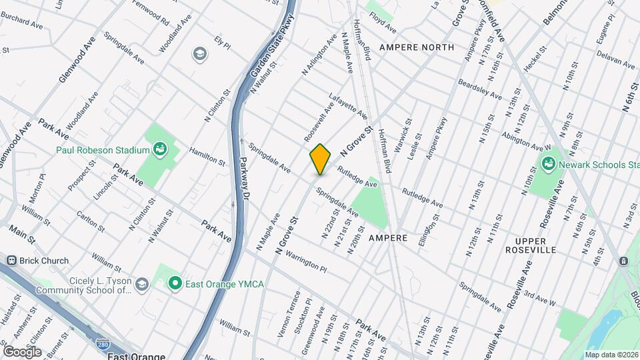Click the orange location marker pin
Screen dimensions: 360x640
[321, 159]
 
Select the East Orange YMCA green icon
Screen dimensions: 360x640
[175, 285]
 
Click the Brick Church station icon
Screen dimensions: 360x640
[11, 261]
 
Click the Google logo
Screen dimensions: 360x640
[22, 351]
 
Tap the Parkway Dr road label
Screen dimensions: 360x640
[244, 180]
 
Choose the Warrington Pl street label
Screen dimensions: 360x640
[303, 261]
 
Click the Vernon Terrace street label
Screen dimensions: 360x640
[298, 309]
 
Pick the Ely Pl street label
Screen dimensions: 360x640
[222, 42]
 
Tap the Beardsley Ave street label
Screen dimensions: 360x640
[479, 89]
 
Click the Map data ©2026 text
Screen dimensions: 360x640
[611, 354]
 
